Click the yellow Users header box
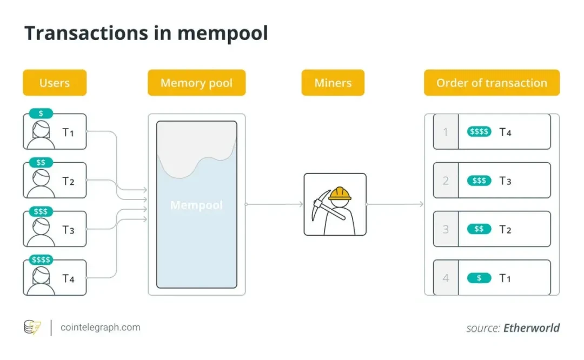[x=55, y=83]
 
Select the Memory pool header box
[x=196, y=83]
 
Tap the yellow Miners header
[x=333, y=83]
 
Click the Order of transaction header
[x=492, y=83]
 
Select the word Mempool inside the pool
[x=196, y=205]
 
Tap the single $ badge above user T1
[x=41, y=114]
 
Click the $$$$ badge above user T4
[x=41, y=260]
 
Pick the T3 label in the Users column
[x=68, y=230]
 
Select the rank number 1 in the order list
[x=446, y=131]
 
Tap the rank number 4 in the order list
[x=446, y=278]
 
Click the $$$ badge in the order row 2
[x=479, y=181]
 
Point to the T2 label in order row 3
[x=505, y=230]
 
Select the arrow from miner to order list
[x=395, y=204]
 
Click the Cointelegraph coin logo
[x=32, y=327]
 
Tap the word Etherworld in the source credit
[x=532, y=328]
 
